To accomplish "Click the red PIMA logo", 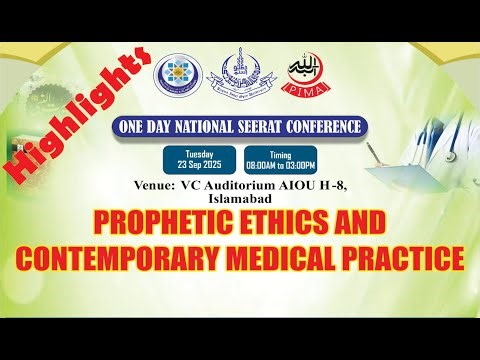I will [x=302, y=73].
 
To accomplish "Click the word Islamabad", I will [x=240, y=198].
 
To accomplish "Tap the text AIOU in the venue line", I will [x=301, y=185].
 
